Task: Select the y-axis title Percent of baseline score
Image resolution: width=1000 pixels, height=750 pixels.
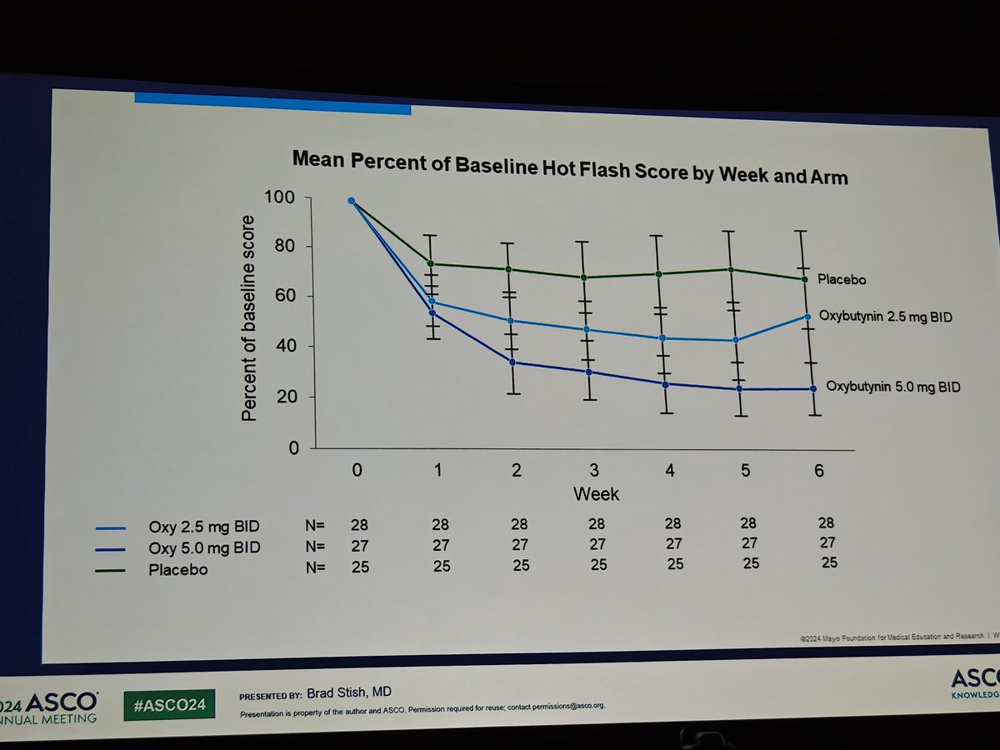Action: [249, 317]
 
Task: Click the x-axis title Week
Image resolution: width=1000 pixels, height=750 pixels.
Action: [596, 494]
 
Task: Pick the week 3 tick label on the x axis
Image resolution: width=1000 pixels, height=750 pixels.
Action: [592, 470]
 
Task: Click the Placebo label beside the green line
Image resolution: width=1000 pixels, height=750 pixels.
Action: [839, 280]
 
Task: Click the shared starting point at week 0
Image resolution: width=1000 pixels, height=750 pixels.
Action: [351, 201]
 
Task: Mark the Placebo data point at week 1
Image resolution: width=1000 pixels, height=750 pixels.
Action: [431, 264]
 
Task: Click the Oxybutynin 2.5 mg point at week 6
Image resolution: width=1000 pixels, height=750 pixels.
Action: [807, 317]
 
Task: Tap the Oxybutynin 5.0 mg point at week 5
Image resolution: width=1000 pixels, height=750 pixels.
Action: [738, 389]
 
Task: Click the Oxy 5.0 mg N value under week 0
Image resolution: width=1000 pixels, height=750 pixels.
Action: [359, 546]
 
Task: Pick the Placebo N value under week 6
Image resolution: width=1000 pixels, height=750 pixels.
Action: [829, 562]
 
